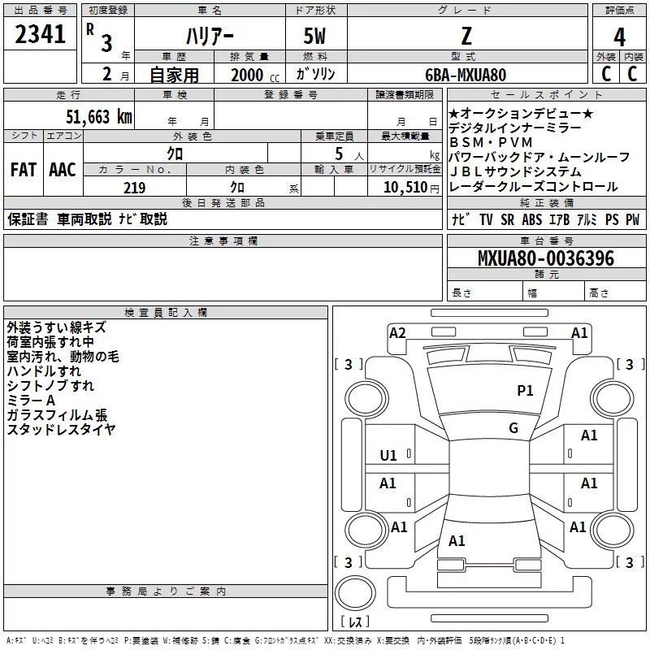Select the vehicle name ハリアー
click(210, 37)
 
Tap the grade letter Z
click(466, 37)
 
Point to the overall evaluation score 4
click(619, 37)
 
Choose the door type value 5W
click(314, 37)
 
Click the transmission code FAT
click(24, 170)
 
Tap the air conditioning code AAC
click(63, 170)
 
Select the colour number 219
click(134, 188)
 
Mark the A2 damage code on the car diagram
click(397, 332)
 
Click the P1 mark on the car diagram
click(526, 391)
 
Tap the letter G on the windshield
click(513, 428)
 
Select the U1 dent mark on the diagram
click(389, 456)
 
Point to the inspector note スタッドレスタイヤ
click(61, 430)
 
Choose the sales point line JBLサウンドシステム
click(515, 171)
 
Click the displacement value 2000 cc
click(250, 75)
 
